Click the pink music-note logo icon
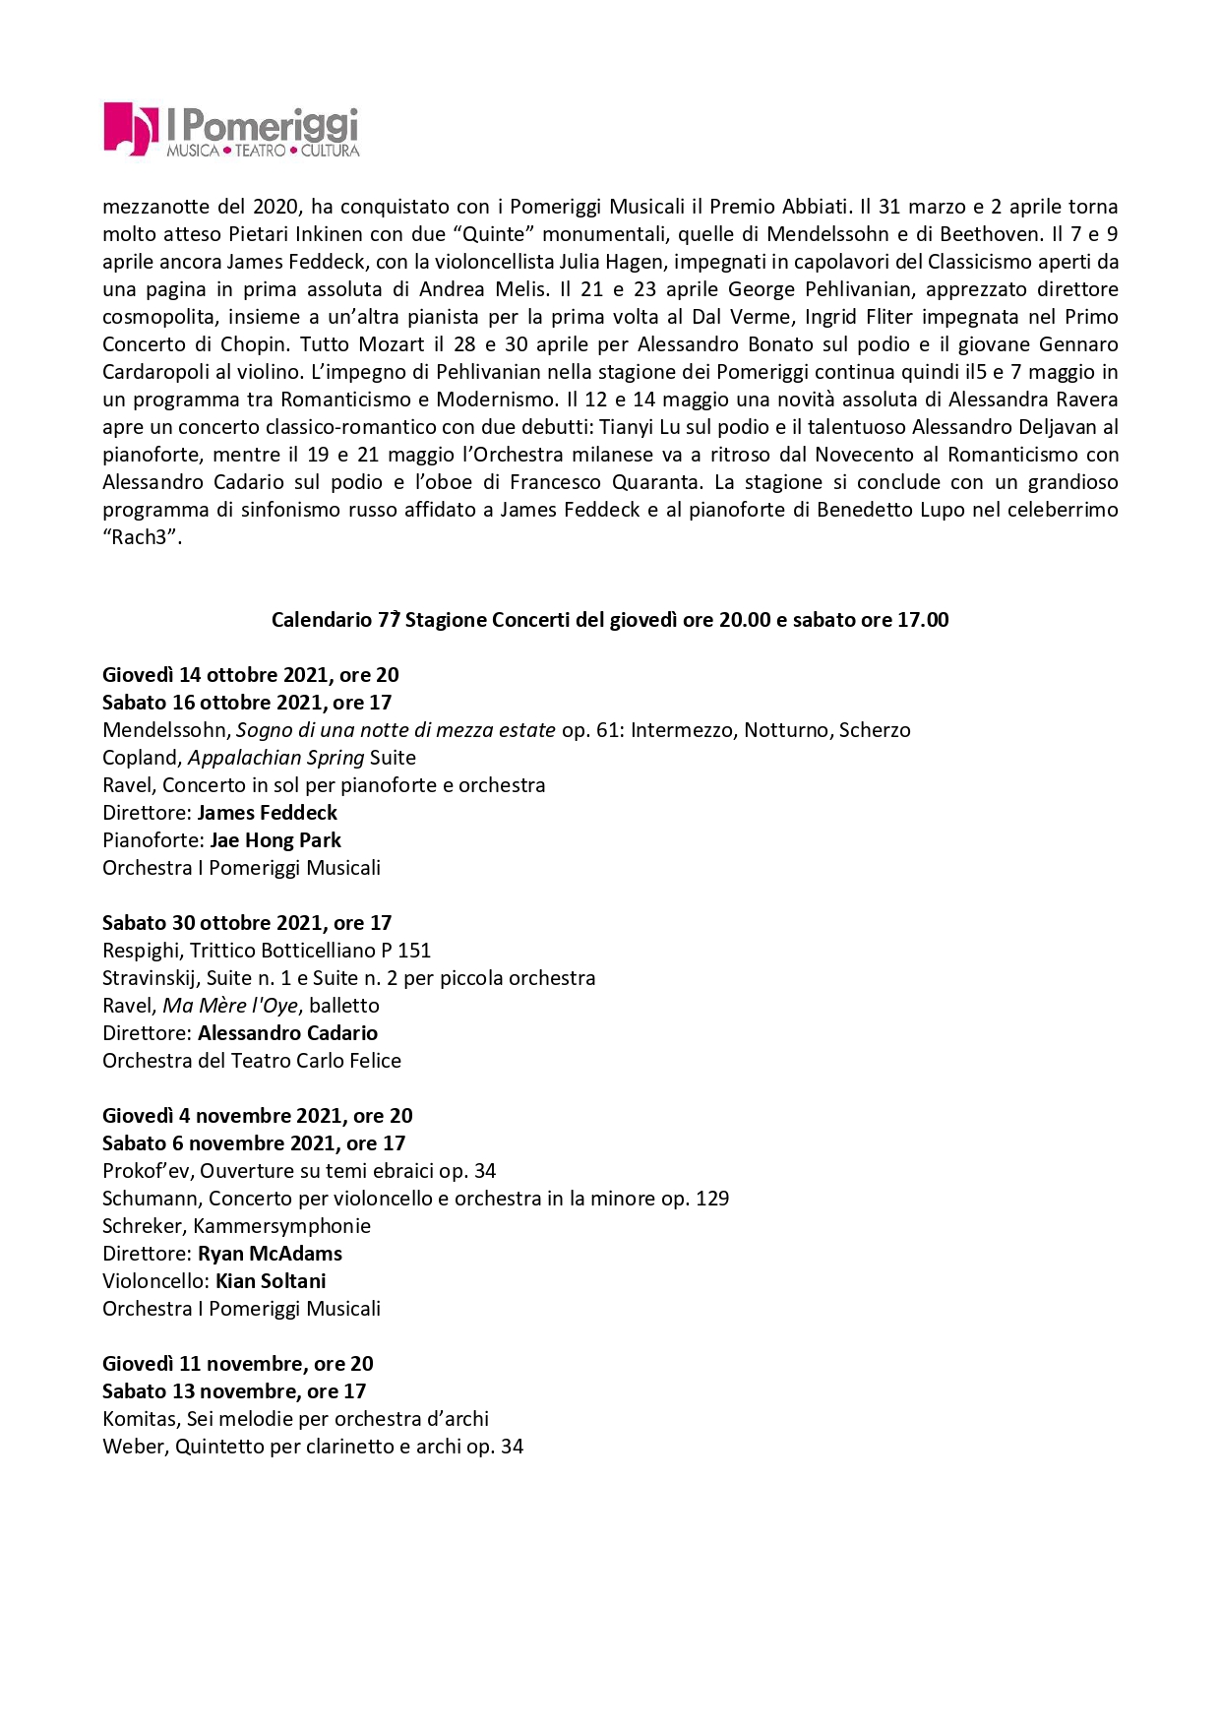point(130,128)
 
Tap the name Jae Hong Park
point(275,840)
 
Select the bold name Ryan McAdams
point(270,1254)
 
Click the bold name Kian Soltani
point(271,1281)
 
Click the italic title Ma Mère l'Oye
point(230,1006)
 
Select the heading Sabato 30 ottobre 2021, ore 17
point(247,923)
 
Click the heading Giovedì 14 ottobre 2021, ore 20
point(250,675)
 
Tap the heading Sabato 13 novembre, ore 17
point(234,1391)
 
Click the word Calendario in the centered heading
point(321,620)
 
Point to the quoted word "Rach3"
point(142,537)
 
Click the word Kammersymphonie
point(281,1226)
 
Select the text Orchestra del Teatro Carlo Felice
point(252,1061)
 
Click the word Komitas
point(139,1419)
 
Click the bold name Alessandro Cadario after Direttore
point(287,1033)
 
